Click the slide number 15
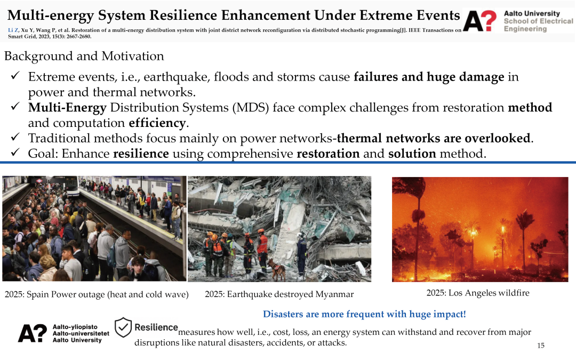click(x=541, y=345)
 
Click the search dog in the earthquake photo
click(x=277, y=269)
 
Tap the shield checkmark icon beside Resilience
click(x=123, y=327)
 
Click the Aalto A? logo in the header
click(x=480, y=21)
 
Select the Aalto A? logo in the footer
click(x=33, y=333)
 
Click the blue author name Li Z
click(x=13, y=30)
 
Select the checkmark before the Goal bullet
click(x=15, y=151)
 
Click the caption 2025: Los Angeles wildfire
click(x=478, y=293)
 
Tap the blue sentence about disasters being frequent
click(x=364, y=314)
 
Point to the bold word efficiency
click(x=157, y=123)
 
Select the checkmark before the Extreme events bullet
click(x=15, y=75)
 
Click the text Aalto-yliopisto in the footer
click(x=75, y=327)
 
